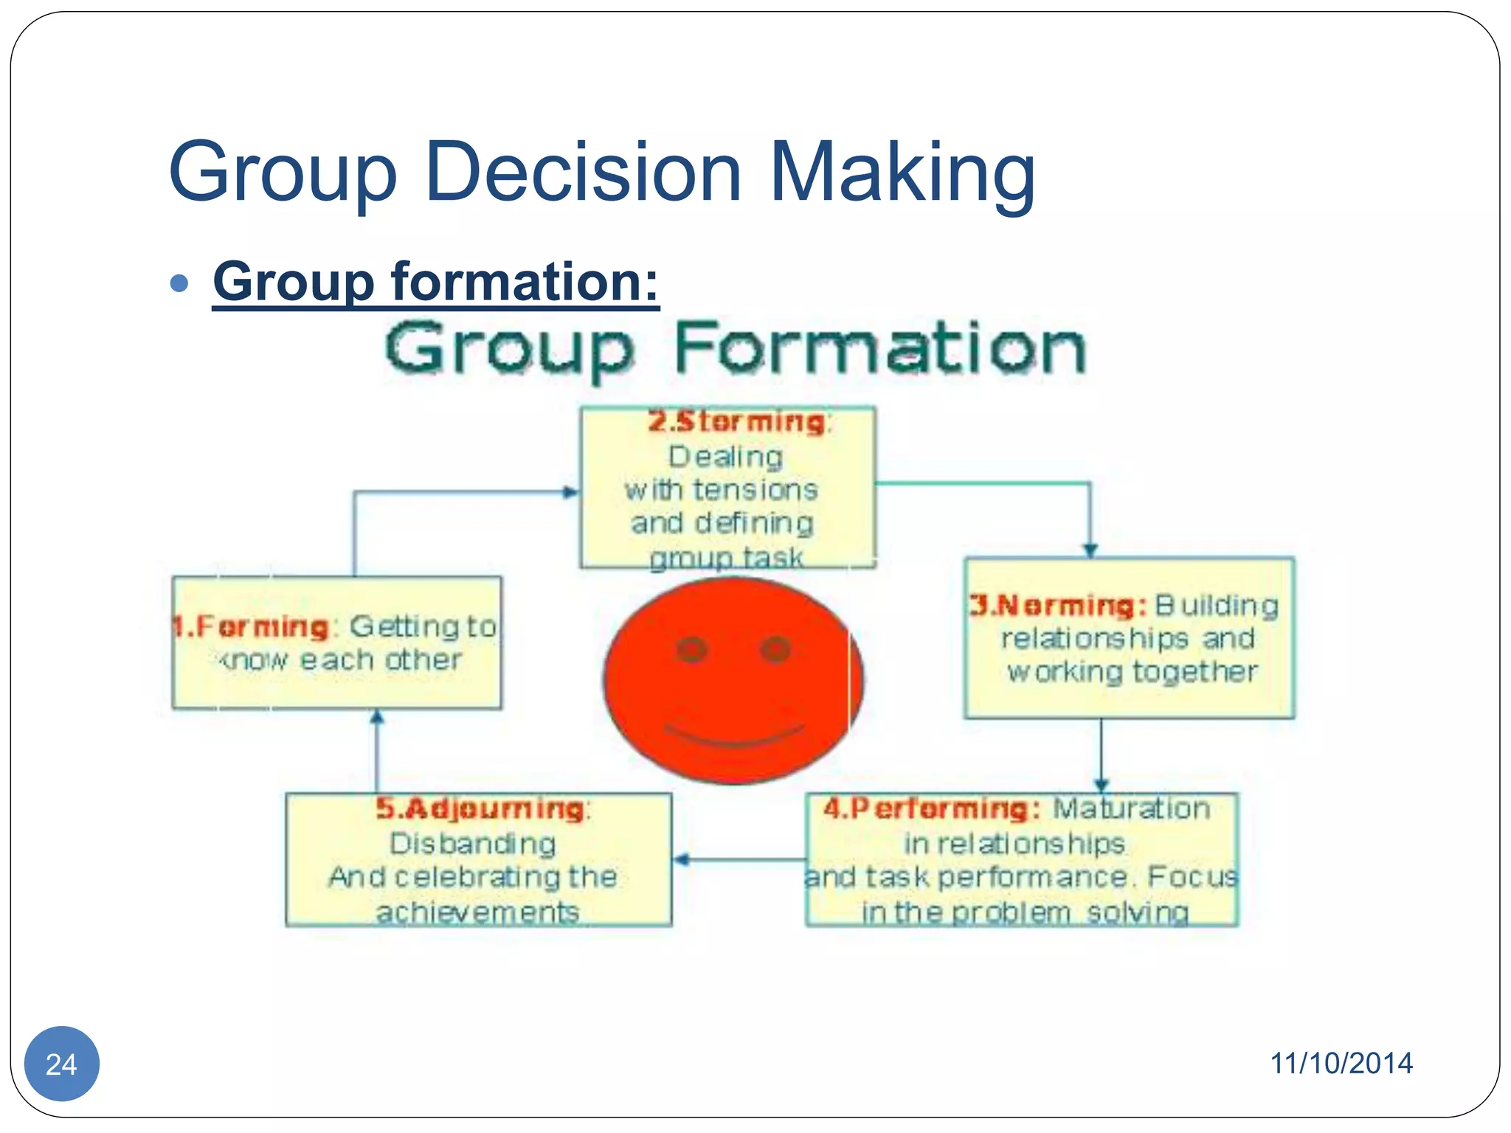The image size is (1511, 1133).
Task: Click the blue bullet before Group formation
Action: [x=179, y=283]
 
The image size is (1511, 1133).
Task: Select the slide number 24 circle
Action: [x=62, y=1063]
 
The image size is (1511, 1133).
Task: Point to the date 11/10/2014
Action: [x=1341, y=1063]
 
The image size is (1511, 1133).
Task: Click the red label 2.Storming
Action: [x=736, y=422]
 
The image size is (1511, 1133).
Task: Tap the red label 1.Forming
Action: [x=251, y=627]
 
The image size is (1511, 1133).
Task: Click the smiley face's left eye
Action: [x=692, y=649]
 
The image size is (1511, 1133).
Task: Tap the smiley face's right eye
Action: [x=775, y=649]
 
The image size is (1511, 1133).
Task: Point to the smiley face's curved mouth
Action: [x=734, y=735]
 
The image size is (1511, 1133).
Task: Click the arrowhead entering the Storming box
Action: [x=571, y=492]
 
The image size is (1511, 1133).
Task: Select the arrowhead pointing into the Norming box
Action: [x=1090, y=550]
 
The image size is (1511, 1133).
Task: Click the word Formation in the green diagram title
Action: [x=879, y=348]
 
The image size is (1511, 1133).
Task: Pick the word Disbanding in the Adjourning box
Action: [x=473, y=844]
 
